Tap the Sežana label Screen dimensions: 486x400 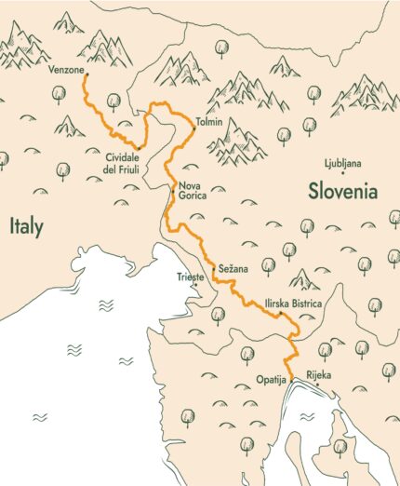(233, 269)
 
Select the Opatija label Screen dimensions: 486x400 (270, 380)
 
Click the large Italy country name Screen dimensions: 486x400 (26, 226)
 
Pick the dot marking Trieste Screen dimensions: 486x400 (195, 285)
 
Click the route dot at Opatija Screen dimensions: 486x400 (291, 378)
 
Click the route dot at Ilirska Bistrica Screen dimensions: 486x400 (278, 314)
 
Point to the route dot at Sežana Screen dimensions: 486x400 (213, 268)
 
